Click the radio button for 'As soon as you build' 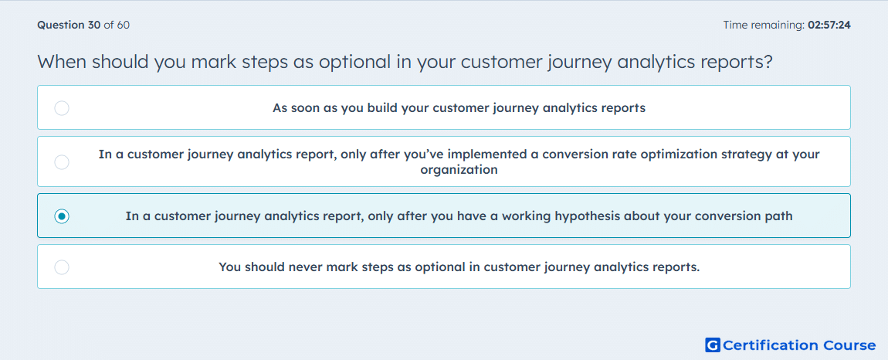click(x=62, y=107)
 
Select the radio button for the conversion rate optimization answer click(x=62, y=162)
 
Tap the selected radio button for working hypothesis click(x=62, y=216)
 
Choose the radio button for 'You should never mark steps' click(x=62, y=267)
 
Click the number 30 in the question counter click(x=94, y=25)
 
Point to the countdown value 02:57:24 click(x=829, y=25)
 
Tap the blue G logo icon click(x=713, y=345)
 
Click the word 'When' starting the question click(x=60, y=62)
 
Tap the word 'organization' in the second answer click(x=459, y=169)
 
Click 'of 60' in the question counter click(x=117, y=25)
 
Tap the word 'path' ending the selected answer click(x=781, y=216)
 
